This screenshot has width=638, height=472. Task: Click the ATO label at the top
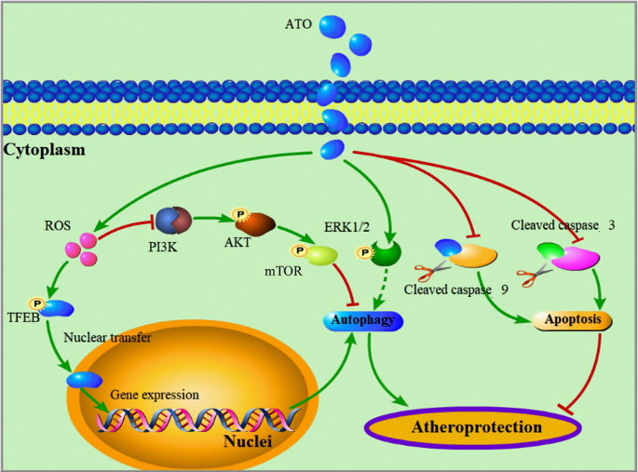click(298, 21)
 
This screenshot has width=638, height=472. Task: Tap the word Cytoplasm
click(45, 149)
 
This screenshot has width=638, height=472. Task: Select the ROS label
click(58, 225)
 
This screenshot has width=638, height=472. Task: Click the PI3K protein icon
click(174, 222)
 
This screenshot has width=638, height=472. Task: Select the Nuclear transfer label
click(107, 337)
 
